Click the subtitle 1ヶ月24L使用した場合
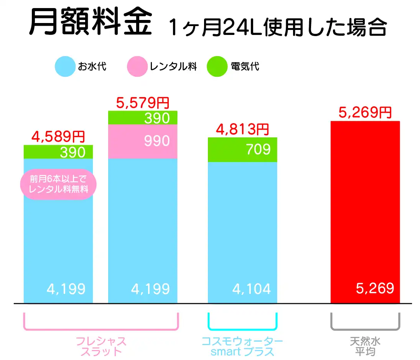tap(277, 27)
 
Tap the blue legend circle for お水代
tap(65, 67)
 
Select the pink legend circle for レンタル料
tap(137, 67)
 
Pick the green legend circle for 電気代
tap(217, 67)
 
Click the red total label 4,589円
tap(58, 137)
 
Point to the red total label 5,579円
tap(142, 103)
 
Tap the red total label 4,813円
tap(242, 130)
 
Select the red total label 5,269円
tap(365, 112)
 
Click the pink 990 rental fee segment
tap(143, 141)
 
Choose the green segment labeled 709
tap(242, 150)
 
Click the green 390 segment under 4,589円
tap(58, 152)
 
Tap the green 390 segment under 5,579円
tap(143, 118)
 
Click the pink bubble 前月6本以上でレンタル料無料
tap(58, 185)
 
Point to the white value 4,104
tap(252, 289)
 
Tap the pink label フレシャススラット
tap(101, 346)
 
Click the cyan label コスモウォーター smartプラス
tap(242, 346)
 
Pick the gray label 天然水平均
tap(365, 346)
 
